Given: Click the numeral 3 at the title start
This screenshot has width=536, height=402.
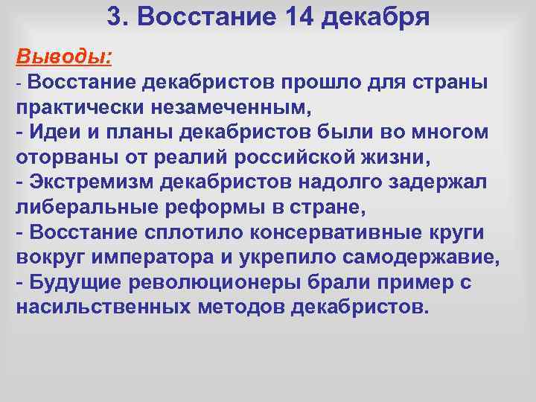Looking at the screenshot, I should tap(113, 16).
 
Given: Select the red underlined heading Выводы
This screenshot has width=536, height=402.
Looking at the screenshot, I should tap(63, 56).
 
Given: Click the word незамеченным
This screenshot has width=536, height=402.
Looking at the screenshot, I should tap(232, 106).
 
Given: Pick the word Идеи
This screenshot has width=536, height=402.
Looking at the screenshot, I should tap(55, 132).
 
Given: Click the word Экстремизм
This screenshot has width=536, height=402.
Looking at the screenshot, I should tap(89, 182).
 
